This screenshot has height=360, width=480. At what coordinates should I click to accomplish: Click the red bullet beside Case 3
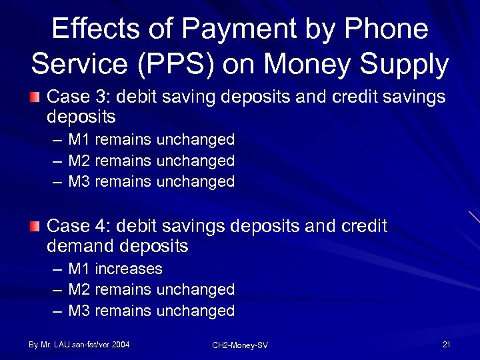(x=35, y=97)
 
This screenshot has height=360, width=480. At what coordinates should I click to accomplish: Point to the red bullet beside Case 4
(x=35, y=227)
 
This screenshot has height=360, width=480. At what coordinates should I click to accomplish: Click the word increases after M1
(x=129, y=269)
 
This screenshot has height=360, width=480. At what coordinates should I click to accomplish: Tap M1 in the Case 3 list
(x=79, y=139)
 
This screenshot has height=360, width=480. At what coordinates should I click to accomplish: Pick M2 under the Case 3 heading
(x=79, y=161)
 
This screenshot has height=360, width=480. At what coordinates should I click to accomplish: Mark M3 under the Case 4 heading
(x=79, y=311)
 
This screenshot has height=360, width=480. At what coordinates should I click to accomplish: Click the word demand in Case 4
(x=81, y=247)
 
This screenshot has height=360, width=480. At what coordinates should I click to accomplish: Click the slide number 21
(x=446, y=345)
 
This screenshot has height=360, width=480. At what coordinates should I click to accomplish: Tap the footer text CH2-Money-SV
(x=240, y=345)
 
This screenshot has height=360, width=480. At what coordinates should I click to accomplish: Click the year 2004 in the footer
(x=121, y=345)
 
